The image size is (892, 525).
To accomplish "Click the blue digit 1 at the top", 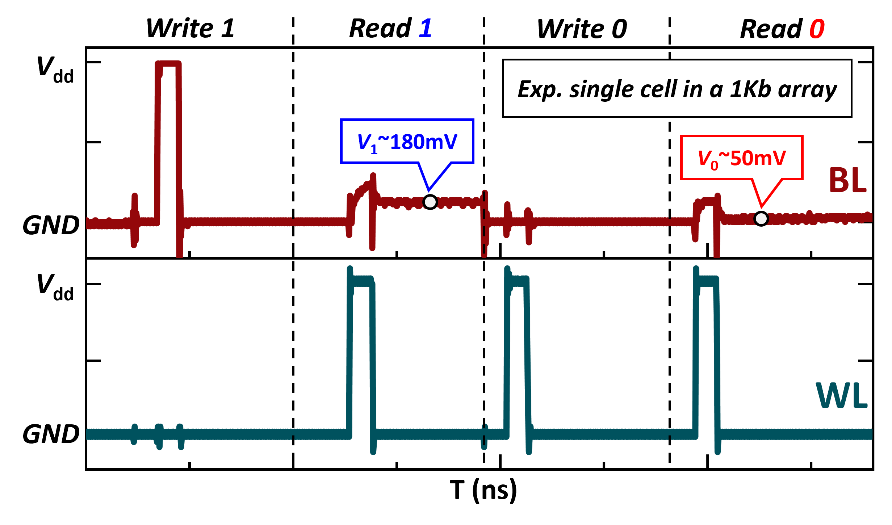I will point(426,29).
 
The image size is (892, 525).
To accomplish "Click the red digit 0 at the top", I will point(817,29).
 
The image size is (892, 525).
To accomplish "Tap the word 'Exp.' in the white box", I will point(540,89).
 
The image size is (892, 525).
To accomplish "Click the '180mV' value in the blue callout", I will point(424,142).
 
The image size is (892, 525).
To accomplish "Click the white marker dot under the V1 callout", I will point(430,202).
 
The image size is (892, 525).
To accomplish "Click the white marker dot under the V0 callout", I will point(761,219).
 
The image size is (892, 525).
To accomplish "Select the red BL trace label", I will point(847,180).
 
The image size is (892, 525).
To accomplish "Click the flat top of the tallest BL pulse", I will point(168,64).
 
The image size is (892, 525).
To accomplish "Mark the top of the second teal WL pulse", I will point(519,281).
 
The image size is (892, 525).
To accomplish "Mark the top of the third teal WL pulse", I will point(708,281).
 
